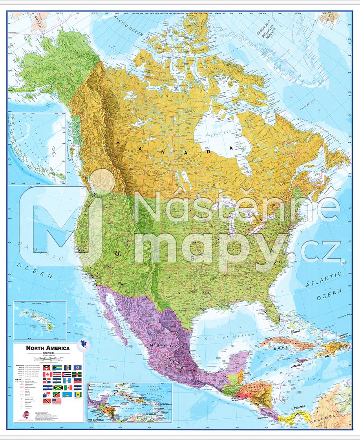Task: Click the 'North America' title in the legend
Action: (48, 348)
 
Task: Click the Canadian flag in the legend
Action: (48, 374)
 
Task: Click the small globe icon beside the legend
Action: (83, 345)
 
